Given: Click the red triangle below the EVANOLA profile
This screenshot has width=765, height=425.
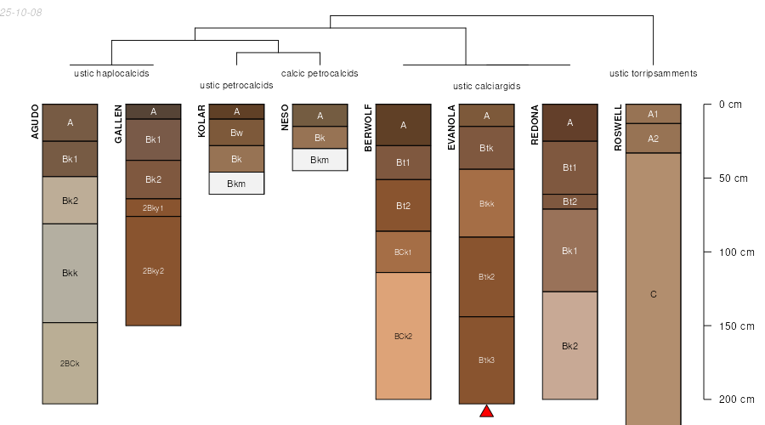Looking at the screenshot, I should (487, 411).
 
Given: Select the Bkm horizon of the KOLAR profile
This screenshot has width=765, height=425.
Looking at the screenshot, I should (236, 184).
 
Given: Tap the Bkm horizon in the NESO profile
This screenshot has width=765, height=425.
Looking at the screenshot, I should (320, 160).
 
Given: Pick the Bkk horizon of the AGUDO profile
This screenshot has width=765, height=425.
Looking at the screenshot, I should (70, 273).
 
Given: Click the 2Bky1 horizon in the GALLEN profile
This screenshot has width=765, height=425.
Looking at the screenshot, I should (153, 207).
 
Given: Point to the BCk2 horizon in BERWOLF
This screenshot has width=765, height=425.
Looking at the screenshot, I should (403, 336).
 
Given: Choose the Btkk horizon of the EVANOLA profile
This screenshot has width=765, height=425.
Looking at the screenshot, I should (486, 203).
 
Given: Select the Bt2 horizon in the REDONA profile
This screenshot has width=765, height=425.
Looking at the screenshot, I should (569, 201).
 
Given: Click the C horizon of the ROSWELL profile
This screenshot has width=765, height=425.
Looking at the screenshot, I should (653, 294).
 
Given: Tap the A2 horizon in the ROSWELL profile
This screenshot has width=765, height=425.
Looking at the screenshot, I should (653, 139).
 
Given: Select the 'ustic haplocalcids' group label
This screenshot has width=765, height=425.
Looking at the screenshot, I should (111, 73).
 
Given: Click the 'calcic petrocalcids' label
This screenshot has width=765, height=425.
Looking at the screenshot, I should (320, 73).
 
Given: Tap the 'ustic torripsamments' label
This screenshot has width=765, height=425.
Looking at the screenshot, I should (653, 73).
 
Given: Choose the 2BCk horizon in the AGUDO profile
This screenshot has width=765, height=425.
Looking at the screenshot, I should (70, 364).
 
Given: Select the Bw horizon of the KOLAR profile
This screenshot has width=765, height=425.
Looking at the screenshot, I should (236, 133).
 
